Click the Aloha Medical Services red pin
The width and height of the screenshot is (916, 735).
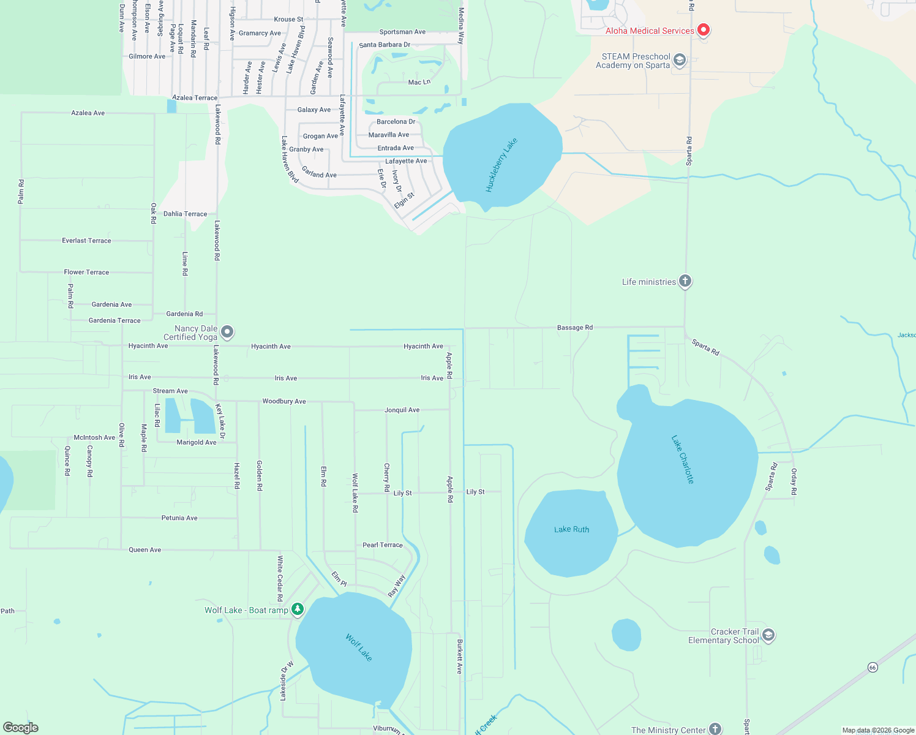pyautogui.click(x=704, y=29)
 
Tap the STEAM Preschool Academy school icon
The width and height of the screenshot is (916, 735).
pyautogui.click(x=679, y=60)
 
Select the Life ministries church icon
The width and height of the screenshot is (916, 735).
pyautogui.click(x=685, y=281)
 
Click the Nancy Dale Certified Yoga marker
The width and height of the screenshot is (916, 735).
pyautogui.click(x=227, y=332)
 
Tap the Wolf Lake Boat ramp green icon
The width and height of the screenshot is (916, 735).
pyautogui.click(x=298, y=609)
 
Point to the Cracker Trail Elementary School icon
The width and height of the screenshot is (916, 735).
pyautogui.click(x=768, y=635)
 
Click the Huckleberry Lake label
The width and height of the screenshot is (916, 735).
pyautogui.click(x=501, y=165)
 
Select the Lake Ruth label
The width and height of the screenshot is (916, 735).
pyautogui.click(x=571, y=529)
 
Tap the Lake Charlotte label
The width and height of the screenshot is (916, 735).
pyautogui.click(x=683, y=459)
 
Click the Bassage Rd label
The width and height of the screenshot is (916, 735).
pyautogui.click(x=574, y=328)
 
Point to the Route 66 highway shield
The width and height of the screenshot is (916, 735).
pyautogui.click(x=873, y=667)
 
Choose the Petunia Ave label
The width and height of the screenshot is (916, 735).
pyautogui.click(x=179, y=518)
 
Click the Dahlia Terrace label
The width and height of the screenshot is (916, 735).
pyautogui.click(x=185, y=214)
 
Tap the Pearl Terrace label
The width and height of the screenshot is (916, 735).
pyautogui.click(x=382, y=545)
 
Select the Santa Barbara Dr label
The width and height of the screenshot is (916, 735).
pyautogui.click(x=385, y=45)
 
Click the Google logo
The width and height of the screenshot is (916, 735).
pyautogui.click(x=21, y=728)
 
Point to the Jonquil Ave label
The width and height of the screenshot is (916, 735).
pyautogui.click(x=402, y=410)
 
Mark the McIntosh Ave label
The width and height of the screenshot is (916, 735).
pyautogui.click(x=94, y=437)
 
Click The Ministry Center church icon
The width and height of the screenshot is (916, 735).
pyautogui.click(x=715, y=729)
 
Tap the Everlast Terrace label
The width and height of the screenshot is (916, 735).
pyautogui.click(x=86, y=241)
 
